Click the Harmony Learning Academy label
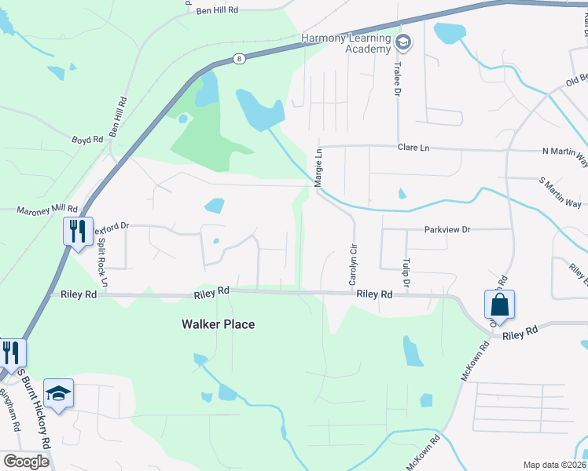(347, 43)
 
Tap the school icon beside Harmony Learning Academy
(403, 42)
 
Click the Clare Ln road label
(413, 147)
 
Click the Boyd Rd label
(87, 140)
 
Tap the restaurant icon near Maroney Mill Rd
(78, 232)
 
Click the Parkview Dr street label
(447, 230)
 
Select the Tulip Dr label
(406, 270)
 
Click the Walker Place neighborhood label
(219, 323)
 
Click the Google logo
(26, 461)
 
